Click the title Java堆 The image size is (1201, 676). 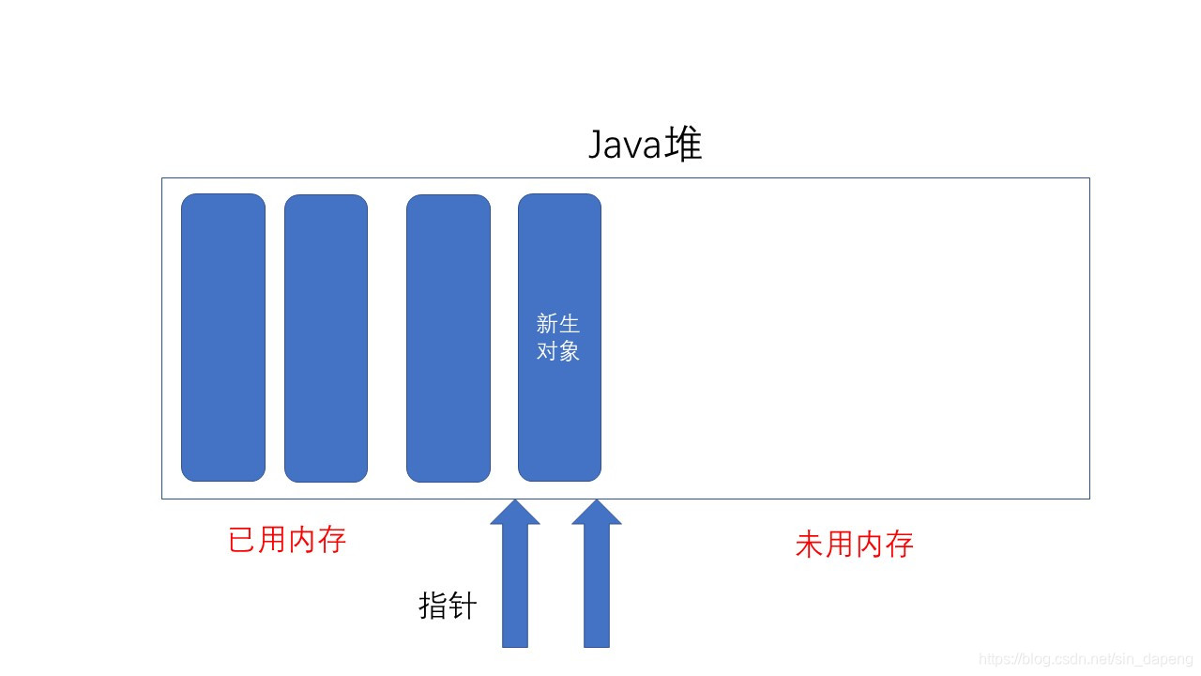[x=645, y=146]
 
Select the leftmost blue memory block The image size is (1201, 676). [x=223, y=337]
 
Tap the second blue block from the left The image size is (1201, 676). [x=326, y=338]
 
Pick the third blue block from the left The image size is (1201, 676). [x=448, y=338]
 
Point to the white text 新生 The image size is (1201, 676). [x=558, y=324]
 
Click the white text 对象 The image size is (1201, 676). [x=558, y=352]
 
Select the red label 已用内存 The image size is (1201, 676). [x=287, y=540]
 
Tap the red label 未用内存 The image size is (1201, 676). [x=854, y=545]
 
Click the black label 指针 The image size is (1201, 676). [x=448, y=606]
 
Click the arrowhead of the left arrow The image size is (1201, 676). [x=515, y=513]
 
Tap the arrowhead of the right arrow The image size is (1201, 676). [x=597, y=513]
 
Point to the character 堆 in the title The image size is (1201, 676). [x=684, y=146]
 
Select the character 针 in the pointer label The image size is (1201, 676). [x=463, y=606]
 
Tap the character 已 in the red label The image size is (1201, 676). [x=242, y=540]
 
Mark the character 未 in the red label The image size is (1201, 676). [x=809, y=545]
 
